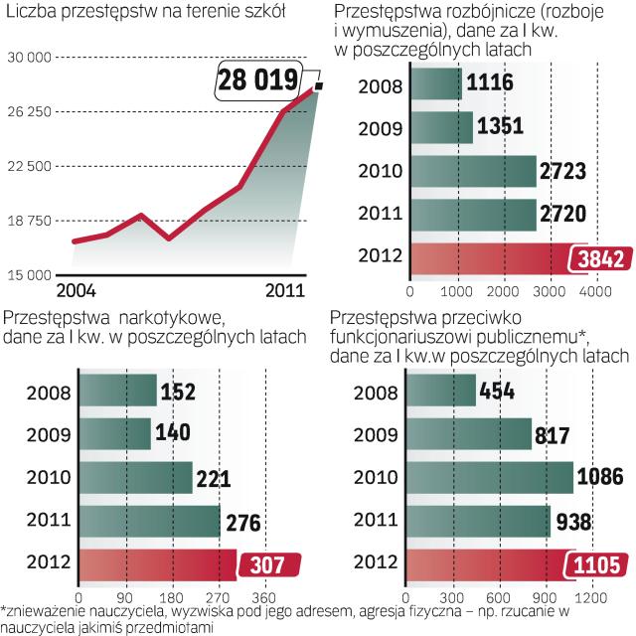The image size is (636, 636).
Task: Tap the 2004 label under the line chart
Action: [x=78, y=289]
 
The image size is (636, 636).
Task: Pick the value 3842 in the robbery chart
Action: [x=599, y=258]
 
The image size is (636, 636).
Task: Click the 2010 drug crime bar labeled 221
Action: [x=135, y=477]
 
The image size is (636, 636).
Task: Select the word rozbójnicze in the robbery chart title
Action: [x=477, y=12]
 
